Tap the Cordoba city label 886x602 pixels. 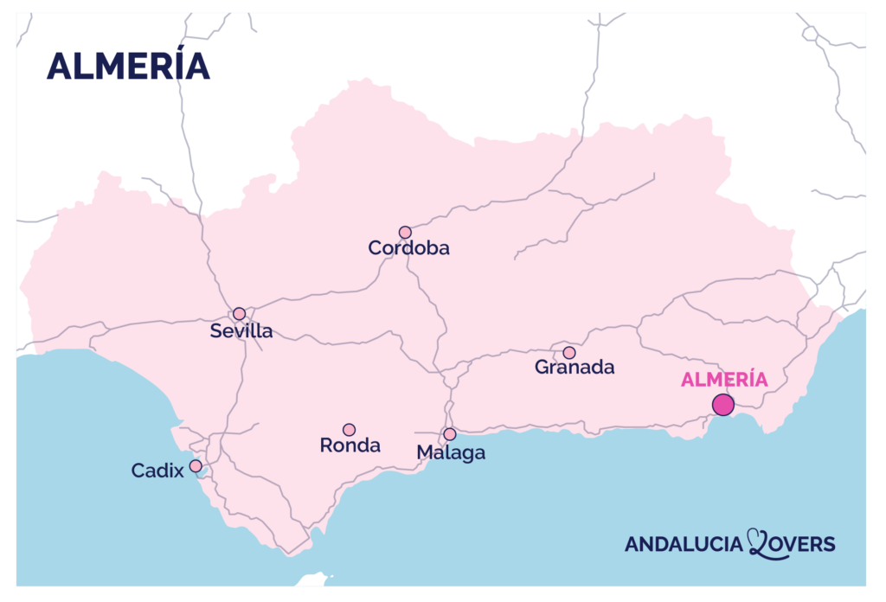(408, 248)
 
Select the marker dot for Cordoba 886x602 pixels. (405, 232)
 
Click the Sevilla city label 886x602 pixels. (241, 331)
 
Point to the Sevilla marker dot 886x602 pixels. (239, 313)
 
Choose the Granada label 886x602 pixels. (575, 368)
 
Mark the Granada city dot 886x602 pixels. (568, 353)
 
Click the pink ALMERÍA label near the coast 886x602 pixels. (724, 380)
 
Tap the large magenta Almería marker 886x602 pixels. (723, 404)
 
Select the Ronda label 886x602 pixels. (350, 446)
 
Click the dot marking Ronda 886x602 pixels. (349, 430)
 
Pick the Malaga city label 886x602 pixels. (451, 452)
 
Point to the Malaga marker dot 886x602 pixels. (449, 434)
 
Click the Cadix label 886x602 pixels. (157, 471)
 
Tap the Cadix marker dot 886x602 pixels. (196, 466)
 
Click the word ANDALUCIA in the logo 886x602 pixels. (684, 544)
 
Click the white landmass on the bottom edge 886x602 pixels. (312, 580)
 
